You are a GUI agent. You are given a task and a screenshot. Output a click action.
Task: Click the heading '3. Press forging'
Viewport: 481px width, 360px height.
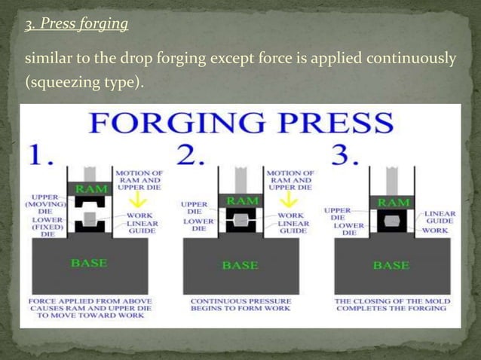(x=76, y=25)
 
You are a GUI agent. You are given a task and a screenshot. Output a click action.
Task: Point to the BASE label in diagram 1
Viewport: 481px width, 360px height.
(x=89, y=263)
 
